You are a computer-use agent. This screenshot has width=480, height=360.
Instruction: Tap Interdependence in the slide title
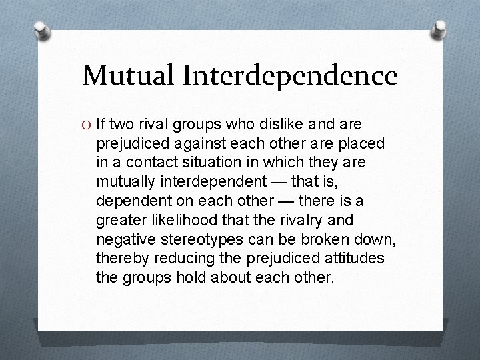click(x=289, y=75)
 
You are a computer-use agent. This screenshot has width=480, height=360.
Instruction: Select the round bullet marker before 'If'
click(x=87, y=124)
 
